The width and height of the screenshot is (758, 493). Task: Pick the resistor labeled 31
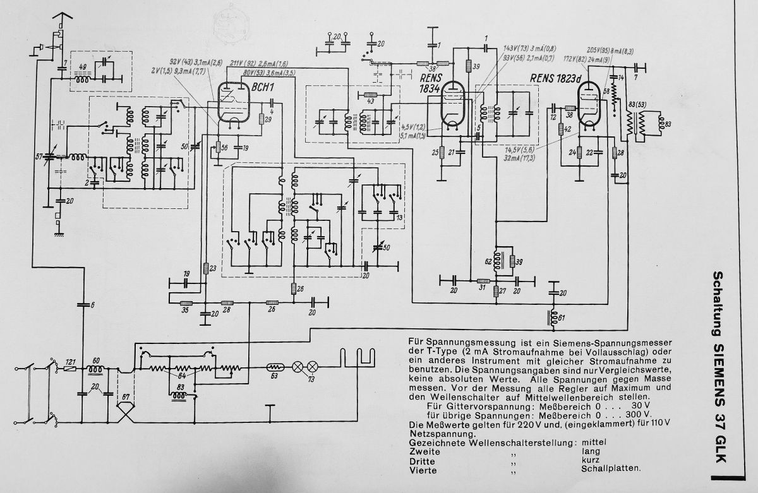click(x=483, y=281)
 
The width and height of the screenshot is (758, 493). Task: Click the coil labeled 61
click(x=554, y=318)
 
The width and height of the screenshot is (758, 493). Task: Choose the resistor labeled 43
click(x=371, y=95)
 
